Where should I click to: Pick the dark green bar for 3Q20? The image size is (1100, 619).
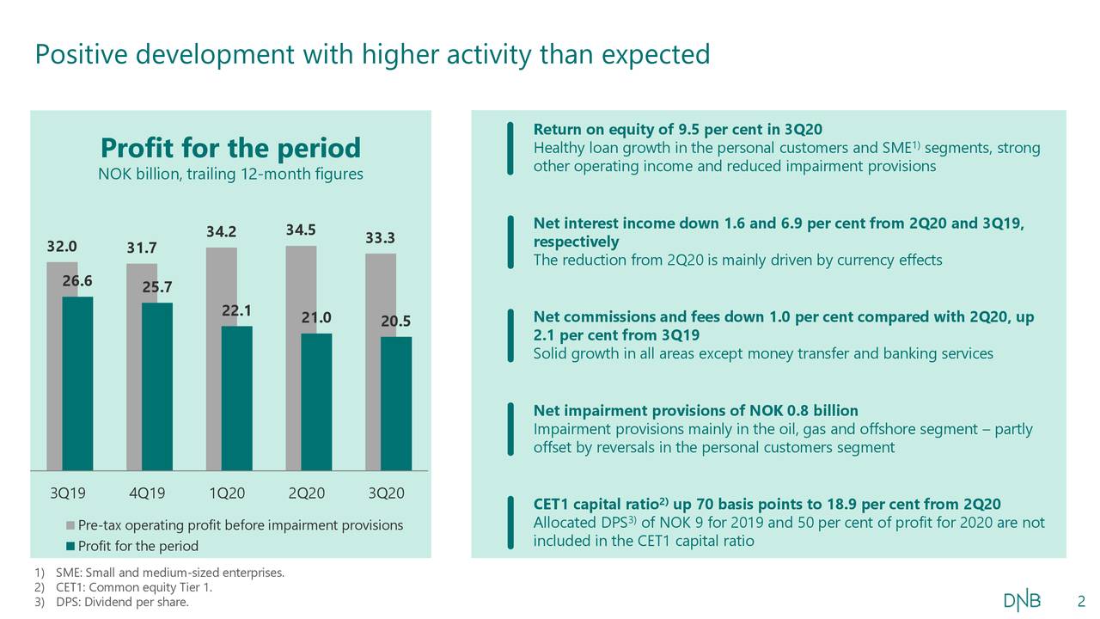(395, 403)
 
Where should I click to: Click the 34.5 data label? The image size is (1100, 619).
(301, 230)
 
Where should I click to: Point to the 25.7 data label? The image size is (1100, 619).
(157, 287)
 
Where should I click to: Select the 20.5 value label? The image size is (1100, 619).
(396, 322)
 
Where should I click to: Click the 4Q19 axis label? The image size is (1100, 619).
(148, 493)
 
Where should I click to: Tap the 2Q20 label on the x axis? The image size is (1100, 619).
(307, 493)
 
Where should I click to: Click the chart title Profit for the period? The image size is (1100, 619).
(230, 148)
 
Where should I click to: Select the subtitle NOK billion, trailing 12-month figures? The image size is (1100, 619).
(230, 175)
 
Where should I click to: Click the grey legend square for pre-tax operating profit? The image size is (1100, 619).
(70, 525)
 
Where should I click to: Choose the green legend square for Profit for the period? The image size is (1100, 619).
(70, 547)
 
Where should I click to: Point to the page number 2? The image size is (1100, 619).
(1081, 600)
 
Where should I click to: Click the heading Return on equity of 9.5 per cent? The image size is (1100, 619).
(677, 130)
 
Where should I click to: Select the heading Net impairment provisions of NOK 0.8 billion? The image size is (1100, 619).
(695, 410)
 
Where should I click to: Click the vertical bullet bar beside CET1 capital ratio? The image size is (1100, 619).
(510, 522)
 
